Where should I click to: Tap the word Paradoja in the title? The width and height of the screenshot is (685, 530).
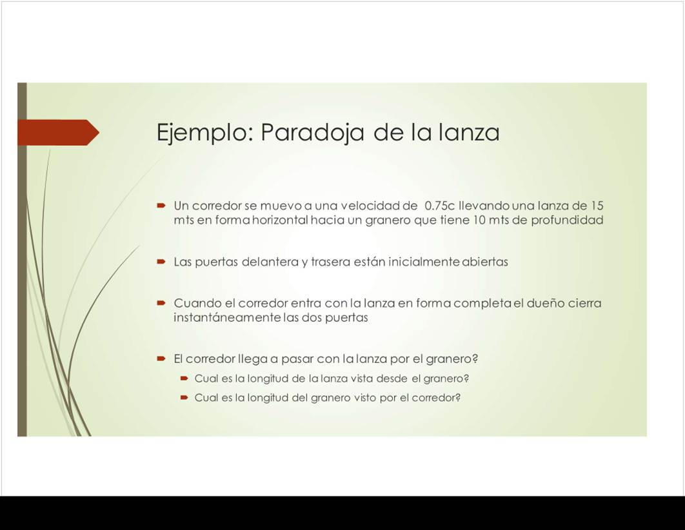pos(312,132)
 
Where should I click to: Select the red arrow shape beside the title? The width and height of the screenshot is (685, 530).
pos(59,132)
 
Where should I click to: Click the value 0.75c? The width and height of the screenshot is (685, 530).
pos(440,205)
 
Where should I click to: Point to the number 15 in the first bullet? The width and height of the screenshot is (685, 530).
pos(597,205)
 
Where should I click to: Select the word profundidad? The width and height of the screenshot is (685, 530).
pos(567,220)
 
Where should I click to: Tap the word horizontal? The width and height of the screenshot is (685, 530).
pos(281,220)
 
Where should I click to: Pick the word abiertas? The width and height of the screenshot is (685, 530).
pos(485,262)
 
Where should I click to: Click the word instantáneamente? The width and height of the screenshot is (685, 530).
pos(227,317)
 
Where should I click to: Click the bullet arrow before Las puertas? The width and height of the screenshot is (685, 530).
pos(161,262)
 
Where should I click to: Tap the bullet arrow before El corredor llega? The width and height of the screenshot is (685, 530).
pos(161,359)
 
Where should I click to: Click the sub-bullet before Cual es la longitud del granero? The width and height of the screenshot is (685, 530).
pos(184,398)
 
